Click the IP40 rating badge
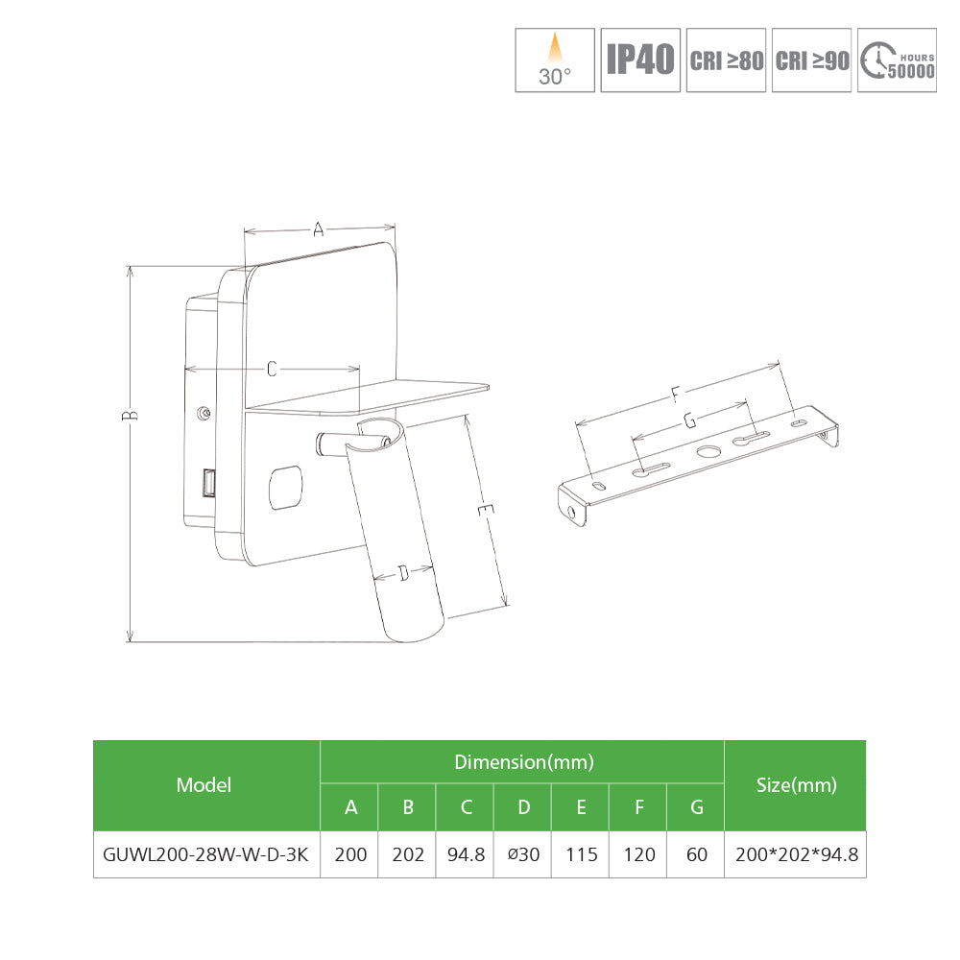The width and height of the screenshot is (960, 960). pos(639,60)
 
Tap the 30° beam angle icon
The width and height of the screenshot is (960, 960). pos(555,60)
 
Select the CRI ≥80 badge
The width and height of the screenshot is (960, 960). pos(726,60)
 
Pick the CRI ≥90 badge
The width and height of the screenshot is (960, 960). pos(811,60)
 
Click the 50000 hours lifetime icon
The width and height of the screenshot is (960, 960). pos(897,60)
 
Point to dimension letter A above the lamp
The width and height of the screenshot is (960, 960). pos(319,229)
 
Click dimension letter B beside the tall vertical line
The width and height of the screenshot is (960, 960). pos(130,415)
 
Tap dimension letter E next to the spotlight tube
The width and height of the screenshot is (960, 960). pos(486,510)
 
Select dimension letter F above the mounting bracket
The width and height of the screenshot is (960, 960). pos(675,395)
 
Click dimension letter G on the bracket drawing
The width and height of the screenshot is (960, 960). pos(690,420)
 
